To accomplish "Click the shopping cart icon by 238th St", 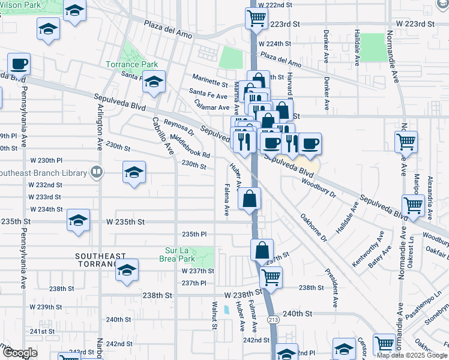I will pos(271,277).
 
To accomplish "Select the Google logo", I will pos(19,353).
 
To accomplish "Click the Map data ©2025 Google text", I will pos(412,355).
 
